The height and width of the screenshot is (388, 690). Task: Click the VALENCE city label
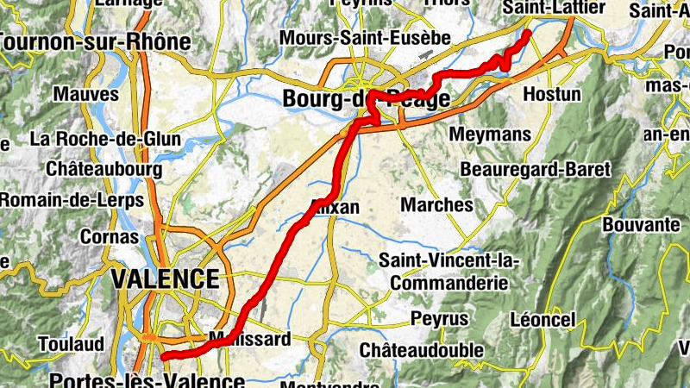coord(164,279)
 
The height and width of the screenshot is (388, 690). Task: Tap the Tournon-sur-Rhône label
coord(95,42)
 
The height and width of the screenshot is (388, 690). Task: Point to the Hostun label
coord(552,93)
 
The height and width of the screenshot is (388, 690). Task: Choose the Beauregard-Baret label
coord(535,169)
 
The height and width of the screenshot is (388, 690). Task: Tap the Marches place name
coord(437,205)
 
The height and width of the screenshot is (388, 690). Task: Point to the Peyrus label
coord(439,320)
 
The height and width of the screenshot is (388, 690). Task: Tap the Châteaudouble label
coord(420,351)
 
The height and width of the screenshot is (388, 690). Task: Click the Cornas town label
coord(109,236)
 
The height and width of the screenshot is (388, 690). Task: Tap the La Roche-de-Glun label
coord(105,138)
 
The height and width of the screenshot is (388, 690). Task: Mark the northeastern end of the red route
coord(527,33)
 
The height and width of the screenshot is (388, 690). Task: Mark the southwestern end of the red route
coord(164,354)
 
